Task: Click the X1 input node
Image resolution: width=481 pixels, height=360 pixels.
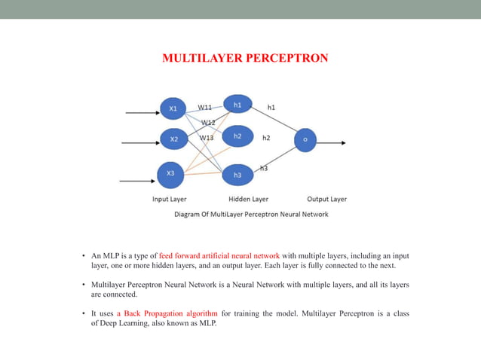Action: [x=173, y=108]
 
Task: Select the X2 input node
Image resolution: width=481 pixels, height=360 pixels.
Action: [x=173, y=139]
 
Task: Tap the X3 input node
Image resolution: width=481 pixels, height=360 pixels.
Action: [x=171, y=174]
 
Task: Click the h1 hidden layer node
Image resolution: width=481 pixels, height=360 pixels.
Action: [x=237, y=105]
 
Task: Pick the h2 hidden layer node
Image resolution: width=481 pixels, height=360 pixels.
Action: [x=237, y=136]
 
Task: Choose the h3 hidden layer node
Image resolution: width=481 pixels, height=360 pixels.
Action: [x=237, y=175]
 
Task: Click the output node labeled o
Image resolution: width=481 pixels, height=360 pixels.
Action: [x=305, y=139]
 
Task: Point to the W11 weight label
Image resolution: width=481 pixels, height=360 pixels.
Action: [x=205, y=108]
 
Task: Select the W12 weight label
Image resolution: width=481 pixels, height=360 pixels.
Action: [x=208, y=122]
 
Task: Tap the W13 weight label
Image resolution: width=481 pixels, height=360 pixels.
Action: [x=207, y=138]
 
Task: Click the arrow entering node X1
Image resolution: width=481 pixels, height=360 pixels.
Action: [x=141, y=113]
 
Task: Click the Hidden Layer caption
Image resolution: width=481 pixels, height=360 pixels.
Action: [x=249, y=200]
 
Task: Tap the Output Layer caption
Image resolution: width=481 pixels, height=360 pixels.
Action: [x=326, y=200]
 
